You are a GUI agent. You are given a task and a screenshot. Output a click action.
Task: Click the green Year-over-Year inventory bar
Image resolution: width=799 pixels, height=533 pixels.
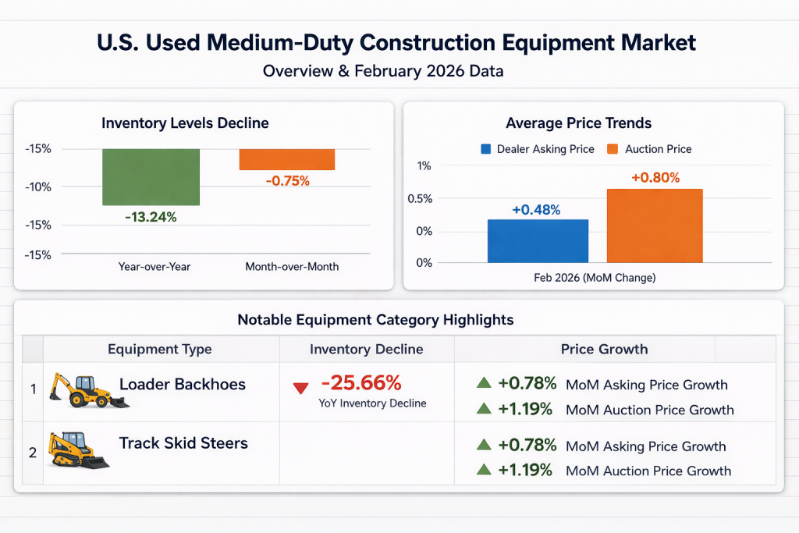tap(151, 177)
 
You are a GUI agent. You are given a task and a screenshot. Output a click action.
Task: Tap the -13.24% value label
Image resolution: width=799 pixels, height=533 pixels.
tap(151, 217)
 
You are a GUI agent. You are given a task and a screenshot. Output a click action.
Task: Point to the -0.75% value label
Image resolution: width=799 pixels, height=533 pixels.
tap(287, 181)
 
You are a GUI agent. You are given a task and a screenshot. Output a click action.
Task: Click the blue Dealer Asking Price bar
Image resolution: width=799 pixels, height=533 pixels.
tap(538, 241)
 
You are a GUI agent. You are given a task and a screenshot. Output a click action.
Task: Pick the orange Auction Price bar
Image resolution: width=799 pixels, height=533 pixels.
tap(655, 226)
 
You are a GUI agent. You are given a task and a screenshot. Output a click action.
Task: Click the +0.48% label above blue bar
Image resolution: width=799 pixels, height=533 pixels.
tap(536, 210)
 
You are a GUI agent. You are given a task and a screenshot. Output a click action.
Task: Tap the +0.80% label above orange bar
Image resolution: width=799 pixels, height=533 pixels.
tap(655, 178)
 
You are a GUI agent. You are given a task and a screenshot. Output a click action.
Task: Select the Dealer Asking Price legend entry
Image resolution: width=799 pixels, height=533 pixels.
tap(538, 149)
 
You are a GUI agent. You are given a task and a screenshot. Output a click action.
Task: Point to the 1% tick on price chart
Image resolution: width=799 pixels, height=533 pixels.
tap(424, 165)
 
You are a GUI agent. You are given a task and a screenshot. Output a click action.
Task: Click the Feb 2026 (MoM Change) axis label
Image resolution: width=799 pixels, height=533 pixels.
tap(595, 278)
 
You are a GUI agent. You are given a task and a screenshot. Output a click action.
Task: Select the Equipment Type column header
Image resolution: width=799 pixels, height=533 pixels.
tap(159, 349)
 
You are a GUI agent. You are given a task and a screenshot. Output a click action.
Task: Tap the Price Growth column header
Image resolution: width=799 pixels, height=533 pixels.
tap(604, 349)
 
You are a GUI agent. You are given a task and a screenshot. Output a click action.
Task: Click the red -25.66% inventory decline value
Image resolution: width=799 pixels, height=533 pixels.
tap(360, 383)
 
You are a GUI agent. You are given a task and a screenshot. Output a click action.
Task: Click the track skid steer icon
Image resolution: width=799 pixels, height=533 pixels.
tap(78, 450)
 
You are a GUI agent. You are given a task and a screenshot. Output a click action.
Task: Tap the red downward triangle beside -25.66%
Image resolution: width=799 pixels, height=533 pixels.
tap(300, 388)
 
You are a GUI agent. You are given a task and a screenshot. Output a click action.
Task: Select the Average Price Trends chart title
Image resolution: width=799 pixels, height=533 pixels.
tap(578, 123)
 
